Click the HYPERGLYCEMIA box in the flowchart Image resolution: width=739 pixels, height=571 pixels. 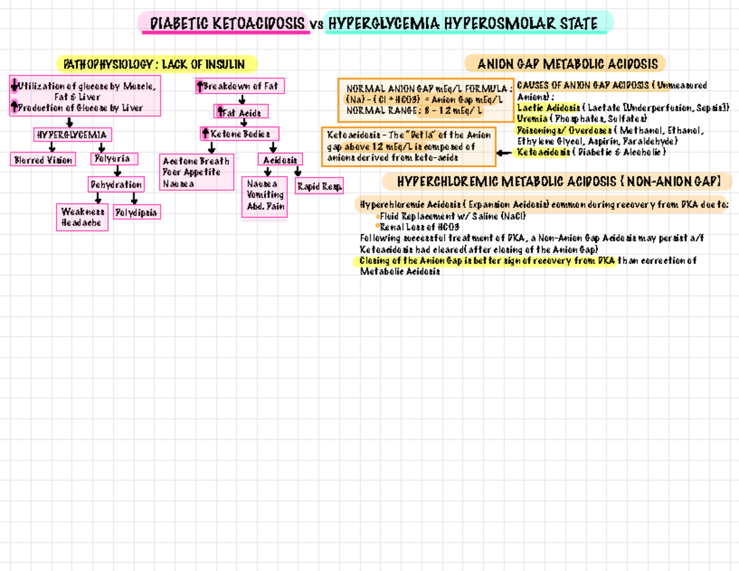pyautogui.click(x=72, y=134)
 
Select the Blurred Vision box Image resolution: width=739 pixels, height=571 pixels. pyautogui.click(x=43, y=160)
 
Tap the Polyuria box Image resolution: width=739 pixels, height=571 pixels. pyautogui.click(x=114, y=159)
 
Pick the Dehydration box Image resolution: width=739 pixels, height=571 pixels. pyautogui.click(x=116, y=184)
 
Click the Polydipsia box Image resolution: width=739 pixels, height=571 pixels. pyautogui.click(x=137, y=213)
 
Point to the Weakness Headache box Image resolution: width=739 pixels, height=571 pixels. pyautogui.click(x=83, y=217)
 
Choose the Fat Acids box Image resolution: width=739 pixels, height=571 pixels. pyautogui.click(x=241, y=112)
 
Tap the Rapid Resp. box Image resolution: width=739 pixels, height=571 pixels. pyautogui.click(x=319, y=186)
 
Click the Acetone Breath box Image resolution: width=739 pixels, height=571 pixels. pyautogui.click(x=196, y=172)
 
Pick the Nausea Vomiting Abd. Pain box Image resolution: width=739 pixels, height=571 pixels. pyautogui.click(x=264, y=196)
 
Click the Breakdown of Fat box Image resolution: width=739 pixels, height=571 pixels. pyautogui.click(x=240, y=87)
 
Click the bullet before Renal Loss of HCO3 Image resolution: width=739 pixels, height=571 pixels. pyautogui.click(x=377, y=226)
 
